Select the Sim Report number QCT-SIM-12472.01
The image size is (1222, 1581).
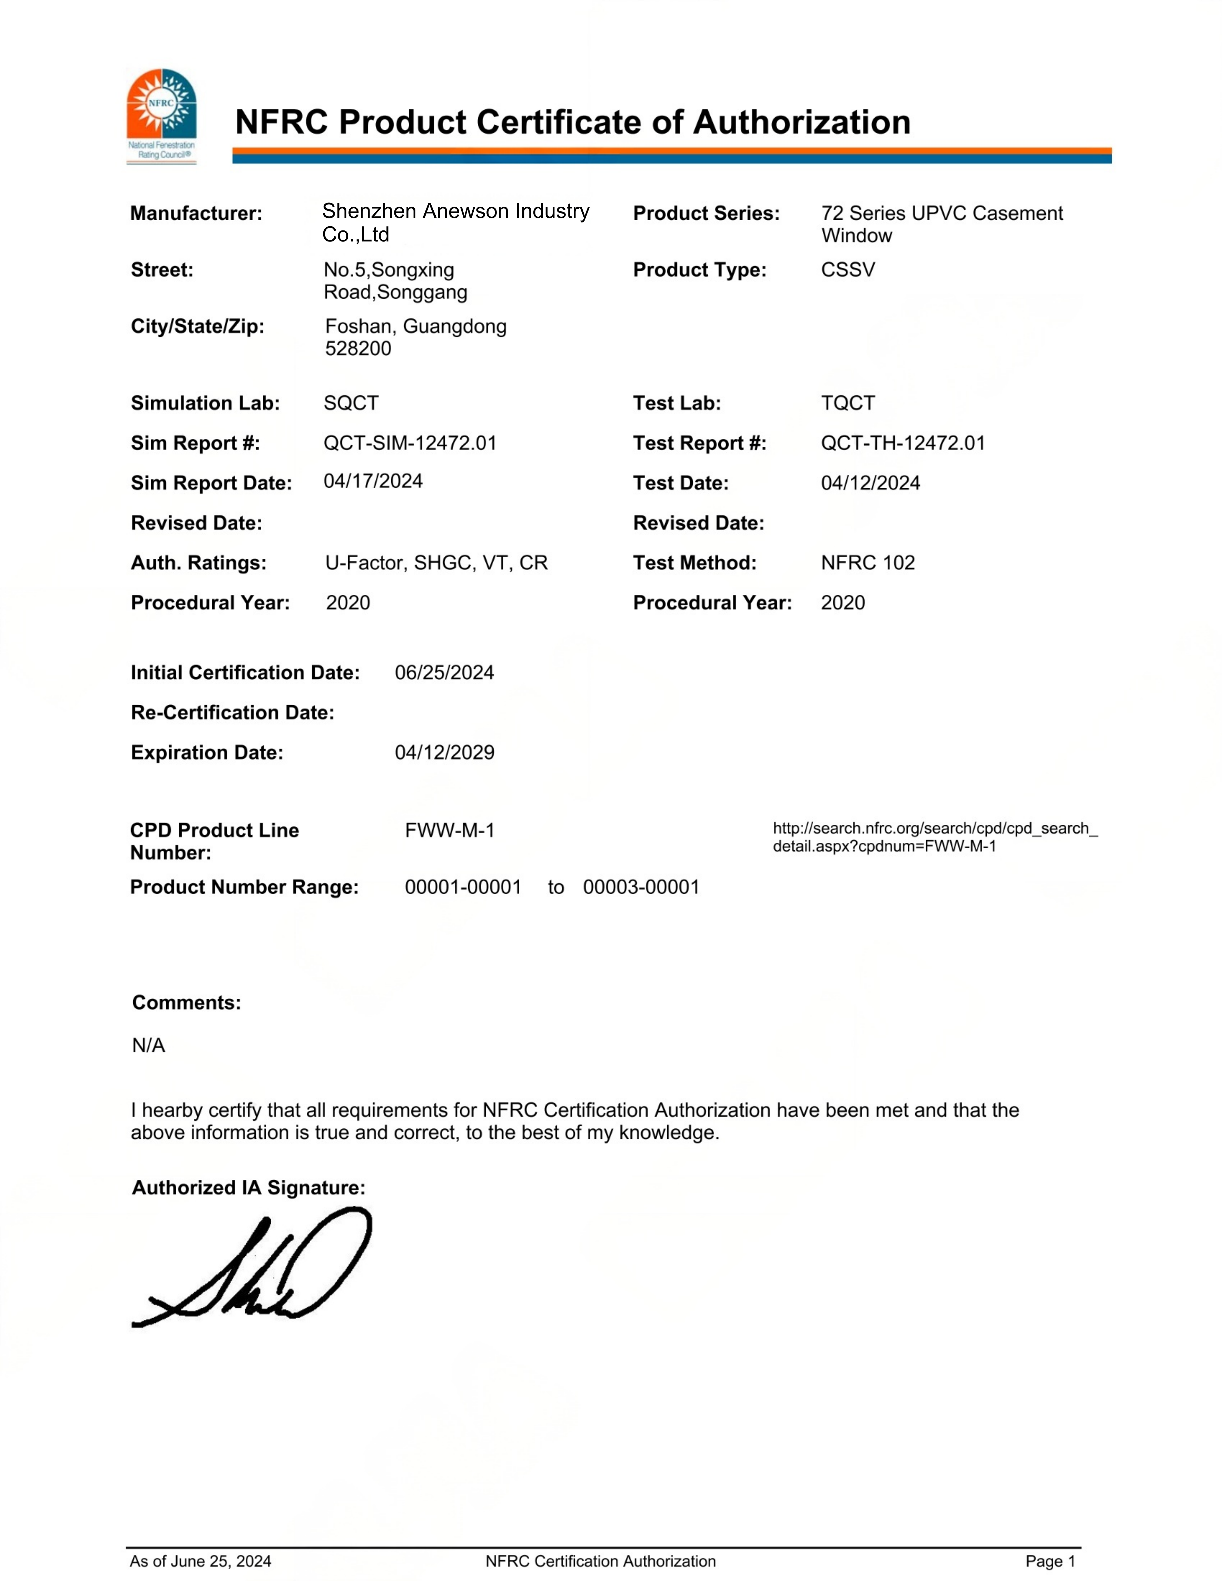click(410, 443)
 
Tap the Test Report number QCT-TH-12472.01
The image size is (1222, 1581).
click(903, 443)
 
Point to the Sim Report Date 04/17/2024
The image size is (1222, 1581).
click(373, 481)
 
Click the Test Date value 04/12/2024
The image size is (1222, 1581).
click(870, 483)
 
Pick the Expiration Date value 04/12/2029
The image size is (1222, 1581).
click(444, 752)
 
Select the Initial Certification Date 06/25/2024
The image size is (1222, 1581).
click(444, 672)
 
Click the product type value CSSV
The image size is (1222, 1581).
click(848, 270)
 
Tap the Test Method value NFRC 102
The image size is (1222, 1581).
click(867, 562)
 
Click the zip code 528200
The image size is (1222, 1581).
click(358, 348)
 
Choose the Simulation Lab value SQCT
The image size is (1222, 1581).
click(351, 403)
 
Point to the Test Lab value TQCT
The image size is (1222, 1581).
click(848, 403)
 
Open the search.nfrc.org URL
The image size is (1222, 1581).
click(935, 837)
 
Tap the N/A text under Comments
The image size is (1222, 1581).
click(148, 1045)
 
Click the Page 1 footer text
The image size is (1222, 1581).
click(1050, 1561)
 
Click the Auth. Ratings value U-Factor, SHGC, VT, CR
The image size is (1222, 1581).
click(436, 562)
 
